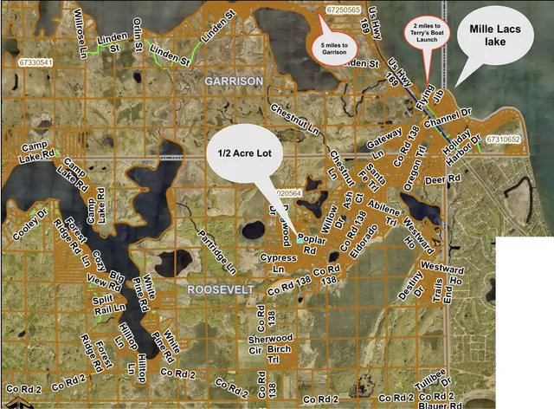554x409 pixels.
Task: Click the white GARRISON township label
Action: (234, 81)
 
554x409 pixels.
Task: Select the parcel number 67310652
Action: (503, 139)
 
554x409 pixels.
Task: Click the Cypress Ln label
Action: (279, 263)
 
